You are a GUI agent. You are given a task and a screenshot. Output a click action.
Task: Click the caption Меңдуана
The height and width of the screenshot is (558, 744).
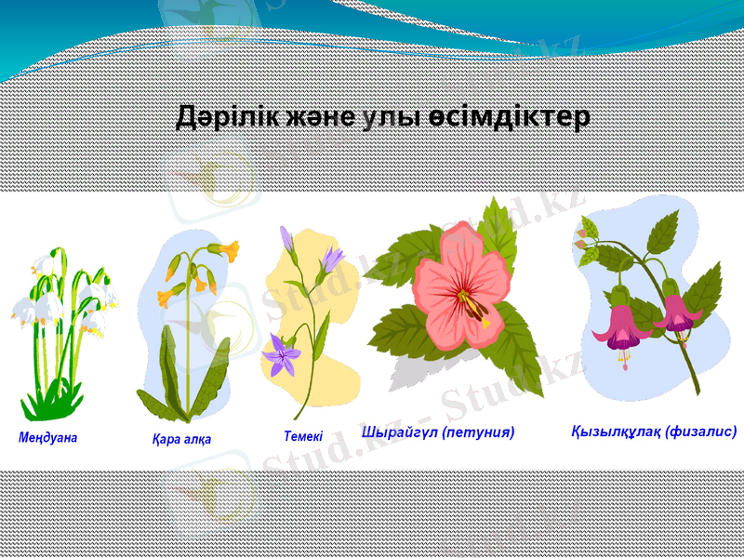[x=47, y=436]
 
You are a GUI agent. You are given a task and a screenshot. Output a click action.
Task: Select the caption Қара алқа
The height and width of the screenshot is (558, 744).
[x=181, y=439]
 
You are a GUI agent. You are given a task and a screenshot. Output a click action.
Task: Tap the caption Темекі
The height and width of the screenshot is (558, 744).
[x=303, y=435]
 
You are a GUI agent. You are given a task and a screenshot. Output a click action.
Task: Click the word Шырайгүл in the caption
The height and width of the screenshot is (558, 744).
[x=398, y=432]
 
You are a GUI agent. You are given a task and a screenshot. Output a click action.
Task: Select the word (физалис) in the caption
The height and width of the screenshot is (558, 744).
[x=701, y=432]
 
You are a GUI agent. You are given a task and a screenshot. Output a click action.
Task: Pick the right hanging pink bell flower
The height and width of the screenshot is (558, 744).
[x=677, y=314]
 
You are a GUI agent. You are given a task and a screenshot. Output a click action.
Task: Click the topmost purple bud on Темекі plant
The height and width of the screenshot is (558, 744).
[x=286, y=240]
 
